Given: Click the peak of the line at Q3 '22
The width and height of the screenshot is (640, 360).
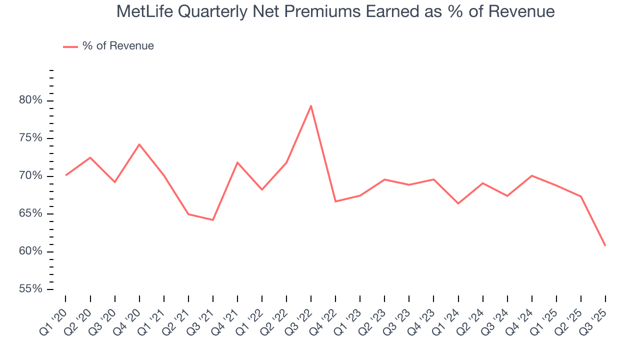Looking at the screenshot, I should pyautogui.click(x=311, y=105).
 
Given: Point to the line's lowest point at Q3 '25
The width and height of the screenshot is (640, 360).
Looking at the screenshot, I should pyautogui.click(x=605, y=245).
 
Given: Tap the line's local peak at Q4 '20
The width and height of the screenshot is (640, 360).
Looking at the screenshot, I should pyautogui.click(x=139, y=144).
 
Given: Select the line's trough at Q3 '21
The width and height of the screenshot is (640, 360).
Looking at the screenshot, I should pyautogui.click(x=213, y=220).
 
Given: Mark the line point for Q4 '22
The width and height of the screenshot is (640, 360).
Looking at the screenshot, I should pyautogui.click(x=335, y=201).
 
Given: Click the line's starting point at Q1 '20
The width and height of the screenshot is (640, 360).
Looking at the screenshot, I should pyautogui.click(x=65, y=175).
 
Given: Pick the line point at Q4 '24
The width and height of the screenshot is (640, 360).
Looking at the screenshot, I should pyautogui.click(x=532, y=175).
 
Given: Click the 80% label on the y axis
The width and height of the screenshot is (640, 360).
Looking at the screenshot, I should pyautogui.click(x=30, y=100).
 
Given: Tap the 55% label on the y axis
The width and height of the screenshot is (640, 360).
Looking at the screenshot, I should pyautogui.click(x=30, y=289).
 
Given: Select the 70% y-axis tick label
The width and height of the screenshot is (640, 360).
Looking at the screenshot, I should pyautogui.click(x=30, y=176).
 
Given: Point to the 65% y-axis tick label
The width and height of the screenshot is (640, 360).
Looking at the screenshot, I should pyautogui.click(x=30, y=213).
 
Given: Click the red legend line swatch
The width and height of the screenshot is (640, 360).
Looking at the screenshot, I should pyautogui.click(x=70, y=46).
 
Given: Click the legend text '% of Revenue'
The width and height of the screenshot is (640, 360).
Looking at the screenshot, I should pyautogui.click(x=118, y=46).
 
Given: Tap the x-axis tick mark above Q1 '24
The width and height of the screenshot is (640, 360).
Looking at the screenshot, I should pyautogui.click(x=458, y=298).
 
